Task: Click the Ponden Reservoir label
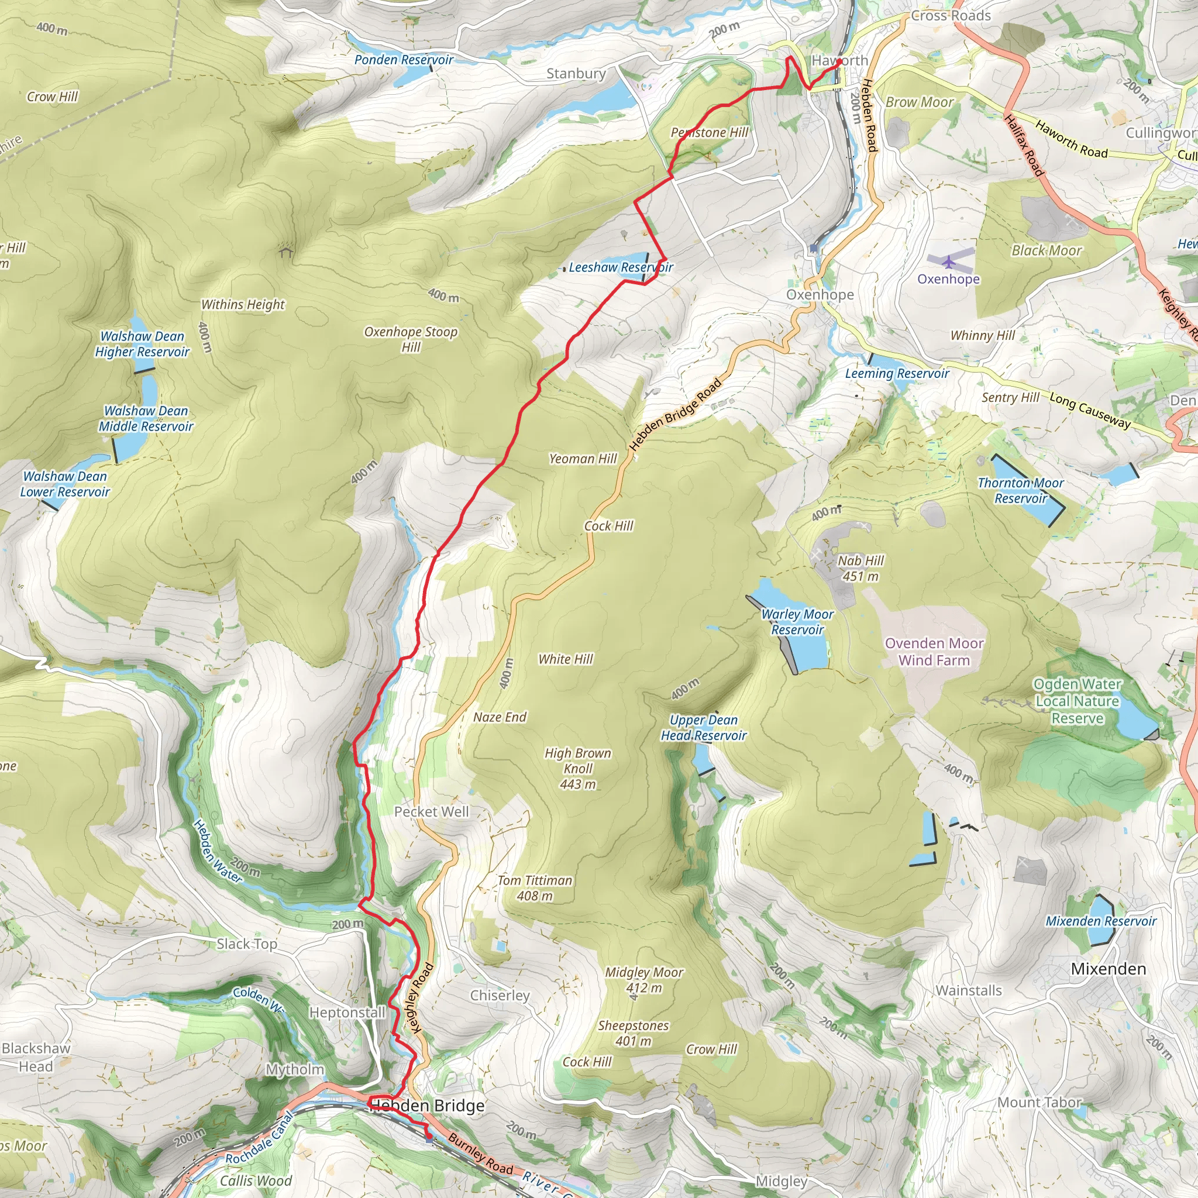click(404, 60)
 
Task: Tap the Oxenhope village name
click(820, 295)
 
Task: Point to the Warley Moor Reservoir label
click(797, 622)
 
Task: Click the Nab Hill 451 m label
click(860, 568)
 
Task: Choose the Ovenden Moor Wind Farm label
click(934, 652)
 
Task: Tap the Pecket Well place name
click(432, 812)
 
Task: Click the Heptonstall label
click(347, 1012)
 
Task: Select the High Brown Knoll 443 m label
click(578, 768)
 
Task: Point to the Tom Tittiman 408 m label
click(535, 888)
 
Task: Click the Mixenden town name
click(1108, 969)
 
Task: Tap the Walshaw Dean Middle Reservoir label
click(146, 419)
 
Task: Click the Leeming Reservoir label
click(897, 373)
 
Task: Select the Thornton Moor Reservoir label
click(1021, 490)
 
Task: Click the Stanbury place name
click(576, 74)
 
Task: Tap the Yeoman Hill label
click(583, 459)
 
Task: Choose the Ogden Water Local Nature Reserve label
click(1077, 701)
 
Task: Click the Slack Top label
click(247, 944)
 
